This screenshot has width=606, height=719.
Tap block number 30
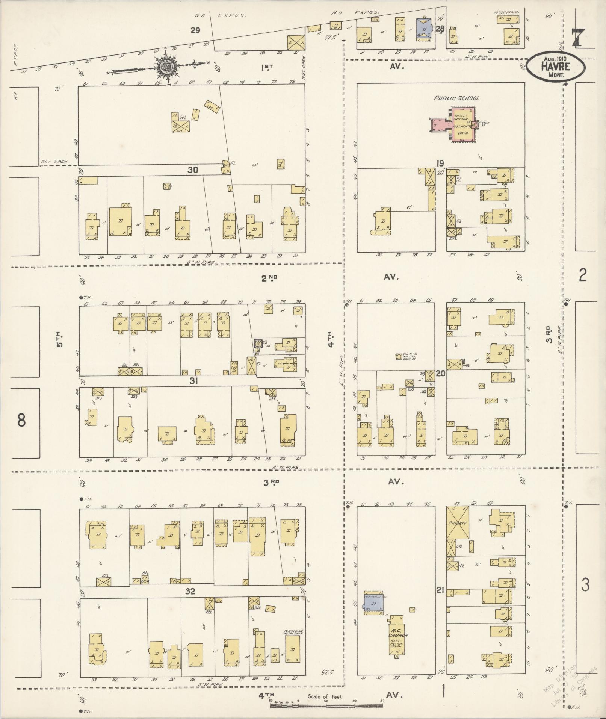(x=193, y=170)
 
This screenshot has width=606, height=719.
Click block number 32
(x=190, y=591)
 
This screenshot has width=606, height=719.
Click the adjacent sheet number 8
(x=21, y=420)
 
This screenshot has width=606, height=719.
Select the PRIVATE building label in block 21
(x=457, y=523)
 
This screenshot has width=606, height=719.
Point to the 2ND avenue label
(x=269, y=278)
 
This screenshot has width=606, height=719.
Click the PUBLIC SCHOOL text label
(x=456, y=98)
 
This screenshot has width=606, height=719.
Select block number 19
(x=440, y=163)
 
